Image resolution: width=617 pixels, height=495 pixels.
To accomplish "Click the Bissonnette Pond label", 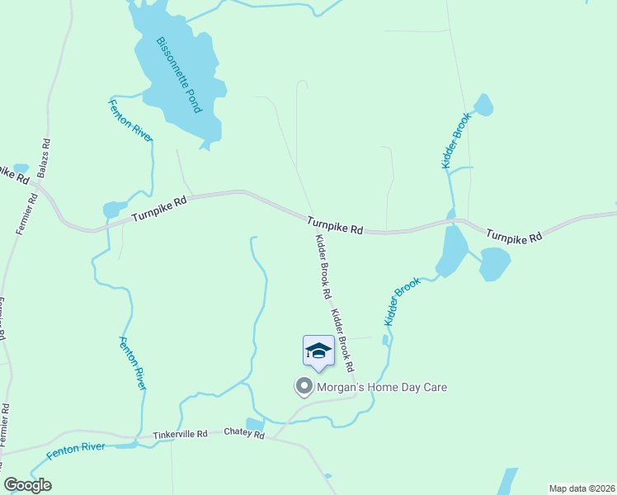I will [179, 74].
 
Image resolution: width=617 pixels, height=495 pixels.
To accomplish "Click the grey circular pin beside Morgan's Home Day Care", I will [304, 386].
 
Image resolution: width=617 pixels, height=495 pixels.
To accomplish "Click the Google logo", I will [28, 485].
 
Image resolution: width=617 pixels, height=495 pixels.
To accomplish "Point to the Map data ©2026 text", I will [582, 488].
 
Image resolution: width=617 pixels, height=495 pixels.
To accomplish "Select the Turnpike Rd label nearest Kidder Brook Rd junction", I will [336, 226].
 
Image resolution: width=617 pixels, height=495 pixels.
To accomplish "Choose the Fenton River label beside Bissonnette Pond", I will [131, 120].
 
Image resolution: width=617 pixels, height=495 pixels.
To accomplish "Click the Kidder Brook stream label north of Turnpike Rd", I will [455, 141].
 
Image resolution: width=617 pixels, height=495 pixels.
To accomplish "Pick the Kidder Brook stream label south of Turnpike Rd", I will [403, 301].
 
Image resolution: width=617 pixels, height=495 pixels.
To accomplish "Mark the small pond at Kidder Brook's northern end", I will [483, 105].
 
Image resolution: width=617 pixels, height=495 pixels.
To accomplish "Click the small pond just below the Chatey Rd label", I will [255, 425].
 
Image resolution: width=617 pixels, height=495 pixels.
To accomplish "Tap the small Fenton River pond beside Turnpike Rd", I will [113, 209].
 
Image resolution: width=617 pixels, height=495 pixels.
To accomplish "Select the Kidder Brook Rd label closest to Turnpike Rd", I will [323, 266].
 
